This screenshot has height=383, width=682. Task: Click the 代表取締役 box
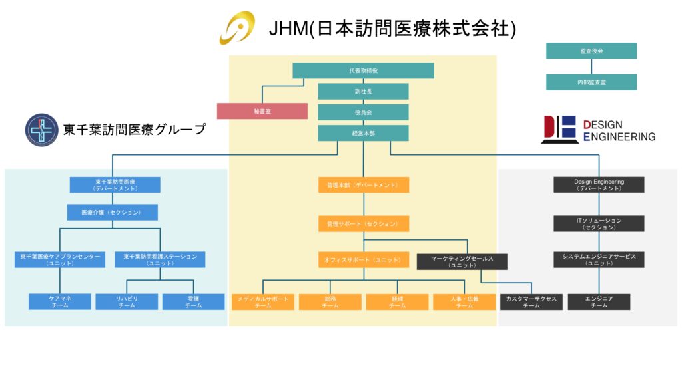(x=363, y=70)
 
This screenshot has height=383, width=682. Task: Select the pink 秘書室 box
(x=262, y=111)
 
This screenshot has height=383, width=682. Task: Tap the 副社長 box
(x=363, y=91)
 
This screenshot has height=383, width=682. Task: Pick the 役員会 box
(x=363, y=112)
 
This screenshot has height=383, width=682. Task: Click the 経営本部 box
(x=363, y=133)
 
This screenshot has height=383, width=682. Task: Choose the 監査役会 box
(x=591, y=51)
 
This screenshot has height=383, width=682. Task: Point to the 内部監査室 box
(x=591, y=82)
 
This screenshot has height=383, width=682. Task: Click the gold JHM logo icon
(x=238, y=28)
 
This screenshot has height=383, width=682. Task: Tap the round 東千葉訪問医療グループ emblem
(x=41, y=130)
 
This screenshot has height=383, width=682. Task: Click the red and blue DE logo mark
(x=559, y=129)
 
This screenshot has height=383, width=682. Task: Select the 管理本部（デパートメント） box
(x=363, y=185)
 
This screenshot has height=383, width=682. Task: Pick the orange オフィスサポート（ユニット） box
(x=363, y=259)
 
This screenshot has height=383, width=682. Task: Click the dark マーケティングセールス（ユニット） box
(x=462, y=261)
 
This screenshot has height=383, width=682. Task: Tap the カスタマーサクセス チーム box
(x=531, y=302)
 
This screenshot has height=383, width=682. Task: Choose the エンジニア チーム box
(x=599, y=302)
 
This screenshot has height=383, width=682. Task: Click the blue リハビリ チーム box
(x=127, y=302)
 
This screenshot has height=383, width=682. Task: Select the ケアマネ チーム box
(x=60, y=302)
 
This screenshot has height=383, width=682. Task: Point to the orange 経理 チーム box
(x=397, y=302)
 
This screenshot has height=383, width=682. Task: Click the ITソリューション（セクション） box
(x=599, y=223)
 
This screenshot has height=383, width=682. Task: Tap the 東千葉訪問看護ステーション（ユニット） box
(x=160, y=259)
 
